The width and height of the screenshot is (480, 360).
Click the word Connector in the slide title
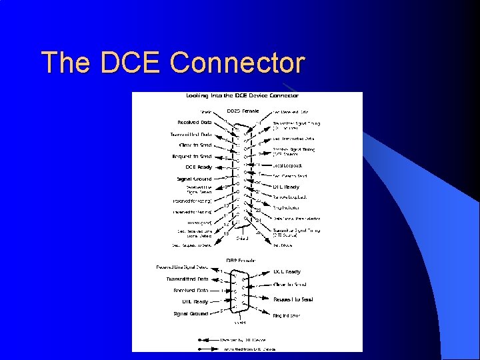pyautogui.click(x=237, y=63)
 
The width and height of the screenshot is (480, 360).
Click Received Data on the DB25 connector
pyautogui.click(x=195, y=123)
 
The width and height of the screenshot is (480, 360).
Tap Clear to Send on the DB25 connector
pyautogui.click(x=195, y=145)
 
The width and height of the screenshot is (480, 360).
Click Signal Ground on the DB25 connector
pyautogui.click(x=193, y=179)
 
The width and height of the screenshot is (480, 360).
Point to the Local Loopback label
pyautogui.click(x=288, y=165)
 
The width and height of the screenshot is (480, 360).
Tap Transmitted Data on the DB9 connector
pyautogui.click(x=187, y=279)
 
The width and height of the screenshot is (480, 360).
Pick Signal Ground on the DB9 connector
pyautogui.click(x=191, y=313)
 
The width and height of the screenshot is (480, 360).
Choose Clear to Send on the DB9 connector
pyautogui.click(x=290, y=285)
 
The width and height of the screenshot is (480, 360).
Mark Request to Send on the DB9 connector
pyautogui.click(x=293, y=299)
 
